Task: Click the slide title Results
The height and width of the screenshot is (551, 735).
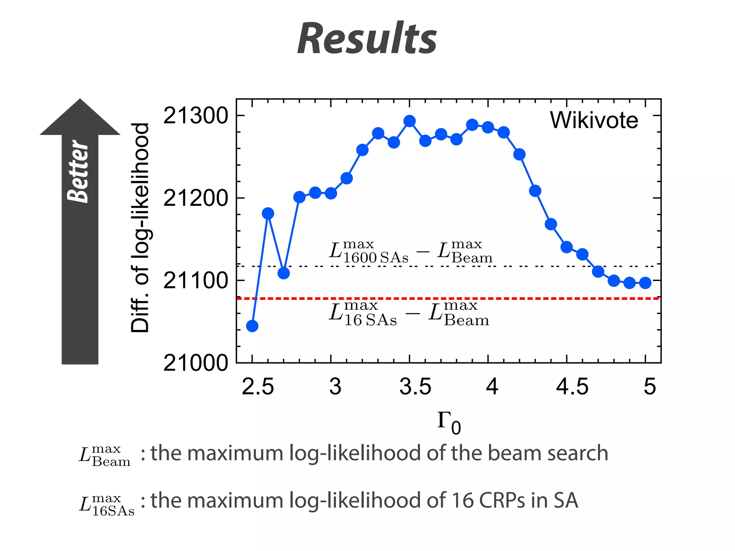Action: [x=367, y=39]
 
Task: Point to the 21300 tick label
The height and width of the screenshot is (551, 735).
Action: [x=195, y=116]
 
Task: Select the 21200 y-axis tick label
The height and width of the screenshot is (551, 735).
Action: [x=195, y=198]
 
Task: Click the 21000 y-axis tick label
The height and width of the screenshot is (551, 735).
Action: [x=195, y=363]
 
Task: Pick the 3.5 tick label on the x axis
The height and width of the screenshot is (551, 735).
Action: [x=415, y=387]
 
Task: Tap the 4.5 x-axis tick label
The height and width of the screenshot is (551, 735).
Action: [x=572, y=387]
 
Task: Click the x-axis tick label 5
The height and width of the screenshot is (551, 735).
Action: [x=650, y=387]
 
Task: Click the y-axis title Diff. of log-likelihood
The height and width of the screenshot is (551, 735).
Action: [x=140, y=228]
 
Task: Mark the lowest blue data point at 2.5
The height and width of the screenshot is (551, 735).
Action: [x=252, y=326]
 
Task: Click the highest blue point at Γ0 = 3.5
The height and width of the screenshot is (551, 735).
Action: [x=409, y=121]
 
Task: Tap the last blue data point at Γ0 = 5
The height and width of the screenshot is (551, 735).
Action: [x=645, y=283]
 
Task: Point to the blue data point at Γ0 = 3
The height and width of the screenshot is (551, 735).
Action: [x=331, y=193]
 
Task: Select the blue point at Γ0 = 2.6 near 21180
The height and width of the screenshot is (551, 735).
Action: [x=268, y=213]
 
